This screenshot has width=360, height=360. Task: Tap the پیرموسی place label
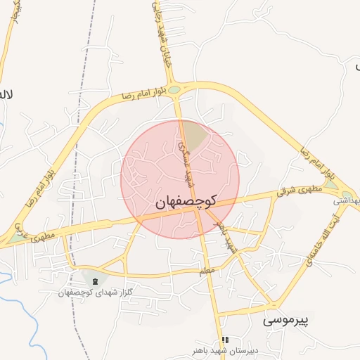pos(286,321)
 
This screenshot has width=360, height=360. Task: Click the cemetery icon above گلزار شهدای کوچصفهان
pos(95,281)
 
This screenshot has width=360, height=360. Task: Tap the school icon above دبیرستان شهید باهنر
pos(225,340)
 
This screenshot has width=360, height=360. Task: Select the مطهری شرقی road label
pos(298,190)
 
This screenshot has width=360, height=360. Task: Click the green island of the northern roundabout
pos(174,89)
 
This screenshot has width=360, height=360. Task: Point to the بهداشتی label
pos(345,200)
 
